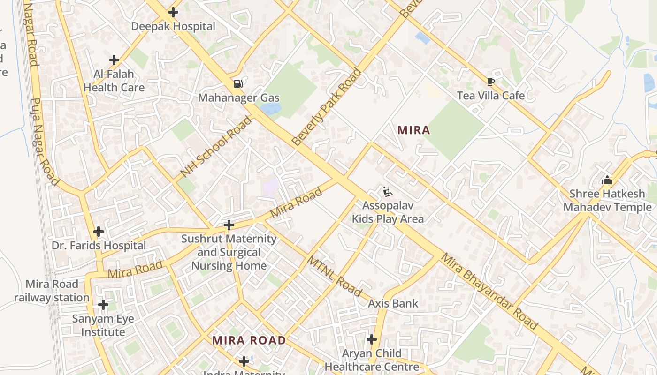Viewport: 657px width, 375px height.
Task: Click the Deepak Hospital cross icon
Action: coord(173,12)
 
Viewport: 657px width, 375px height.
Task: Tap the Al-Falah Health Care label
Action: coord(114,81)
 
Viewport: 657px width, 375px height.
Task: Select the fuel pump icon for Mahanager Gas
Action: coord(238,84)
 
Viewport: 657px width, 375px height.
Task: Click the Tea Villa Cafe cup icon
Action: coord(490,82)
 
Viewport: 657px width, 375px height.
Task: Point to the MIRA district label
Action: coord(413,130)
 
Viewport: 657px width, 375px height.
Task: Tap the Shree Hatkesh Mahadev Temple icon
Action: coord(607,180)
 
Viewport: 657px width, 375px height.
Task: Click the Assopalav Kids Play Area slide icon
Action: coord(388,192)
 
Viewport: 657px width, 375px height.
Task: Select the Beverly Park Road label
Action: coord(327,107)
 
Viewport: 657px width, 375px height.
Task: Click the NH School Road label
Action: coord(216,147)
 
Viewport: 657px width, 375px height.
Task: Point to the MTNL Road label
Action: coord(335,276)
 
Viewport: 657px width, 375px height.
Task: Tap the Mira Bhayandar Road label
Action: coord(489,291)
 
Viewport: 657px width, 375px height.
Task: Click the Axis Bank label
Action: coord(393,303)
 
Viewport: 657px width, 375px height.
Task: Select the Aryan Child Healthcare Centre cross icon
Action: coord(372,339)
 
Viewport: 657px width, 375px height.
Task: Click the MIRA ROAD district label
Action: coord(249,340)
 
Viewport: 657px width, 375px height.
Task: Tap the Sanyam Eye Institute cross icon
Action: coord(103,305)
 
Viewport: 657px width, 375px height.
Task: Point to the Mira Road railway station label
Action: coord(52,291)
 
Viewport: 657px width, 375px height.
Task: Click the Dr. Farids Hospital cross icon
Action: coord(99,232)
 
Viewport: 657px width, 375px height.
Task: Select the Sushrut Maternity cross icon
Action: coord(229,225)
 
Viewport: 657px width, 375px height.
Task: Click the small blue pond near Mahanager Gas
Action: coord(271,109)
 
